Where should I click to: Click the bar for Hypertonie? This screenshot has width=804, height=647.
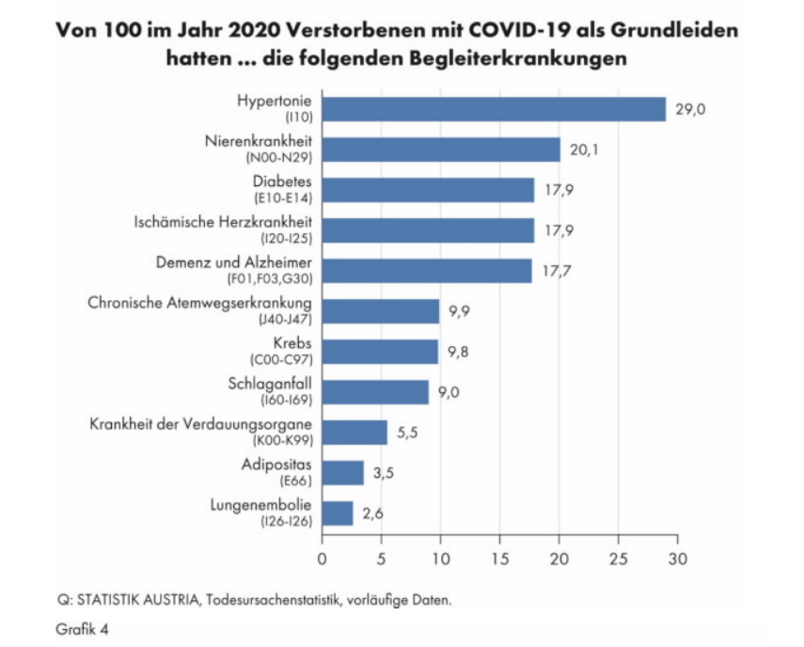pyautogui.click(x=494, y=110)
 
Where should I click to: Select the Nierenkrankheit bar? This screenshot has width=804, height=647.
pyautogui.click(x=441, y=150)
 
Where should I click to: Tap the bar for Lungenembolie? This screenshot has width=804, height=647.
pyautogui.click(x=338, y=513)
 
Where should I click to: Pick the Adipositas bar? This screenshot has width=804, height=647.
pyautogui.click(x=342, y=473)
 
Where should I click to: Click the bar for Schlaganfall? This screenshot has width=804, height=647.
pyautogui.click(x=375, y=392)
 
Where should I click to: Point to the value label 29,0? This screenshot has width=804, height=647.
pyautogui.click(x=690, y=110)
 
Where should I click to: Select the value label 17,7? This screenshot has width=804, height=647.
pyautogui.click(x=556, y=272)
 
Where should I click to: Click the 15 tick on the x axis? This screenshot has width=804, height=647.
pyautogui.click(x=500, y=559)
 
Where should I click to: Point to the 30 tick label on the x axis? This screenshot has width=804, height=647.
pyautogui.click(x=677, y=559)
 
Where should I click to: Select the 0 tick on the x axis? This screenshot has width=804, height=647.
pyautogui.click(x=323, y=559)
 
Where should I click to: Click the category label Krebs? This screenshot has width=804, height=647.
pyautogui.click(x=292, y=343)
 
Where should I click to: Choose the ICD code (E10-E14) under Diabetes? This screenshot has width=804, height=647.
pyautogui.click(x=284, y=197)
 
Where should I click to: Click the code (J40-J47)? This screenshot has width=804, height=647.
pyautogui.click(x=286, y=319)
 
